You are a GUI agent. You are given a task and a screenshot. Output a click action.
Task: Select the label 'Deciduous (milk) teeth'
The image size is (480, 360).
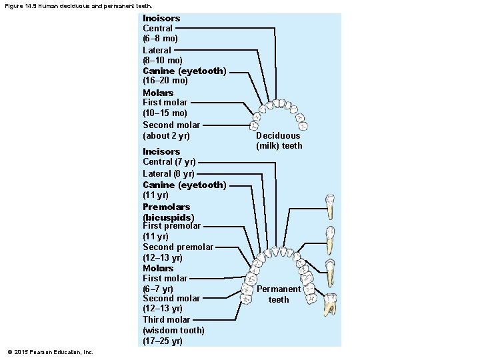tap(279, 141)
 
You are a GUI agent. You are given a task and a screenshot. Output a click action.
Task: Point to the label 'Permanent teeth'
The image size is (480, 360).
tap(279, 294)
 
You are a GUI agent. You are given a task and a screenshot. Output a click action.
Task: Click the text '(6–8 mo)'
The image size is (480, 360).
tap(160, 39)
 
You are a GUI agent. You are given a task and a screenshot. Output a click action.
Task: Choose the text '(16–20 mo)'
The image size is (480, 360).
tap(165, 81)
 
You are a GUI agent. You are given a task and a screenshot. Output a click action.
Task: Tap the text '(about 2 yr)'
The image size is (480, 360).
tap(166, 136)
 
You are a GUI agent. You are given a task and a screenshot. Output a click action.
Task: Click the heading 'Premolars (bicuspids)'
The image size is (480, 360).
tap(168, 212)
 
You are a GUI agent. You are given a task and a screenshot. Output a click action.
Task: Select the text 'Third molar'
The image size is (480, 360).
tap(166, 320)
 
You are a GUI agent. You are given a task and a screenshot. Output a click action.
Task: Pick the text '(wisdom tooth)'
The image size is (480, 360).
tap(173, 331)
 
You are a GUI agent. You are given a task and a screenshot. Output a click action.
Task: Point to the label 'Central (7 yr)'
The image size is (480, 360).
tap(169, 162)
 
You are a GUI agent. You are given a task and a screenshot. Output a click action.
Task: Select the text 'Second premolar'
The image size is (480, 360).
tap(178, 247)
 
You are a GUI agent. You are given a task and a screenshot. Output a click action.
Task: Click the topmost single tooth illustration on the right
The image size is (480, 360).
tap(329, 207)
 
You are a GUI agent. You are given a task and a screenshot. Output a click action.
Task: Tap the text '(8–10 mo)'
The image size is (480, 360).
tap(163, 60)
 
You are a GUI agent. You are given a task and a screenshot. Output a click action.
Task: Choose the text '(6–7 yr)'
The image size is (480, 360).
tap(158, 289)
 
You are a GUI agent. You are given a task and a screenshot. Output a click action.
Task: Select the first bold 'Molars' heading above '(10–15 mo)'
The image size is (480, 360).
tap(158, 93)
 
